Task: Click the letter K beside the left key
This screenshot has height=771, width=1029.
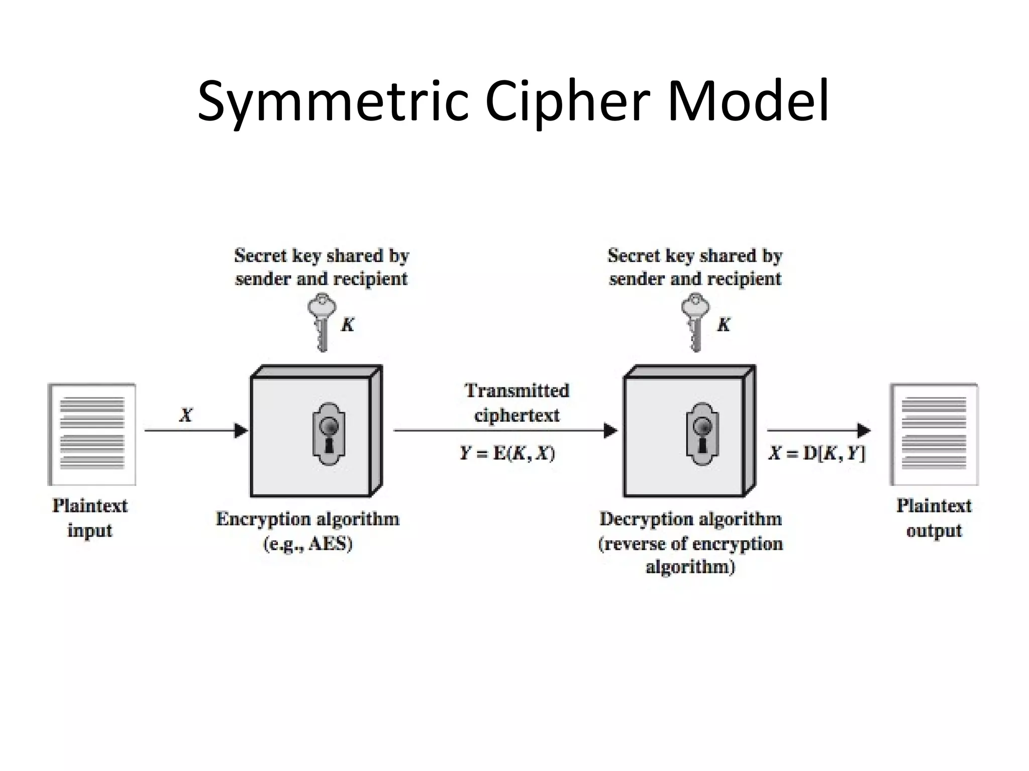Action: point(348,325)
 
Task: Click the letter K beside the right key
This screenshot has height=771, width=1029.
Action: point(724,325)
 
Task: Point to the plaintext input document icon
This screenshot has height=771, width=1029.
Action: point(92,434)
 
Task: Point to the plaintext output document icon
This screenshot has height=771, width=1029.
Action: point(934,434)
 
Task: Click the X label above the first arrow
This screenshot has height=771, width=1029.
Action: point(186,415)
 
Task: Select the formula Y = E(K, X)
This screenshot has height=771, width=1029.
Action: point(507,453)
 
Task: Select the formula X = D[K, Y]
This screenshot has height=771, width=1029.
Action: point(817,453)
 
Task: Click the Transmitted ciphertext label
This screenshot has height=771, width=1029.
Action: point(517,403)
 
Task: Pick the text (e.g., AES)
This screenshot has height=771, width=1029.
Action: point(308,544)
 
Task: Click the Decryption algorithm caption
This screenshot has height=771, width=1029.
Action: point(690,519)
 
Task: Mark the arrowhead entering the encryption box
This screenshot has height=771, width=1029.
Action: point(241,431)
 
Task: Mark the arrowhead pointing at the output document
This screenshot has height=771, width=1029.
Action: point(863,431)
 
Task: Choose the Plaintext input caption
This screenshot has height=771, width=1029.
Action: point(90,518)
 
